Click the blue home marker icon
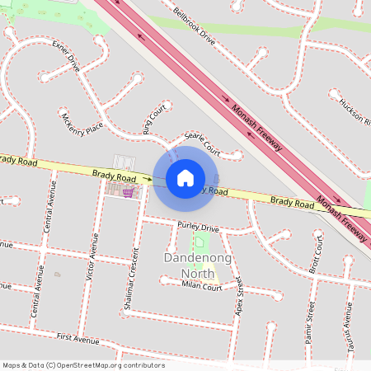coord(185,177)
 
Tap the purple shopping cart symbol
coord(129,192)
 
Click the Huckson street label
coord(355,111)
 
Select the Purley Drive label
coord(198,227)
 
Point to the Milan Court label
coord(202,287)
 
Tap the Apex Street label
coord(240,298)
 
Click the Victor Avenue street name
coord(93,256)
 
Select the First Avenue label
coord(78,338)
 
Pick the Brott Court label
coord(313,256)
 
